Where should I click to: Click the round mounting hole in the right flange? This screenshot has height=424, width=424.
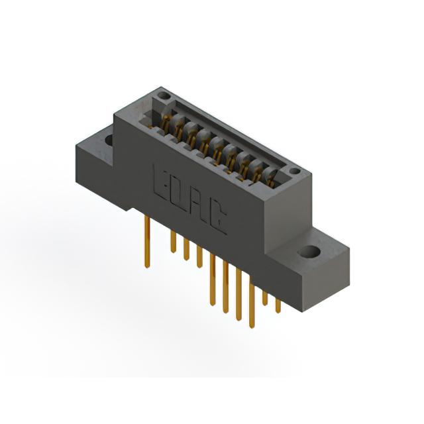coord(309,252)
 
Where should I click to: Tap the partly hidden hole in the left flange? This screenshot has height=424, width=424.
coord(109,140)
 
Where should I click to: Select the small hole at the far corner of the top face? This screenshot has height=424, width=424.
coord(163,95)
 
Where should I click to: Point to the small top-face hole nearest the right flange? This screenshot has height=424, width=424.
coord(294,171)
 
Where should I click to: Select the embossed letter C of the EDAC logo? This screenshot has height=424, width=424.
coord(217,219)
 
